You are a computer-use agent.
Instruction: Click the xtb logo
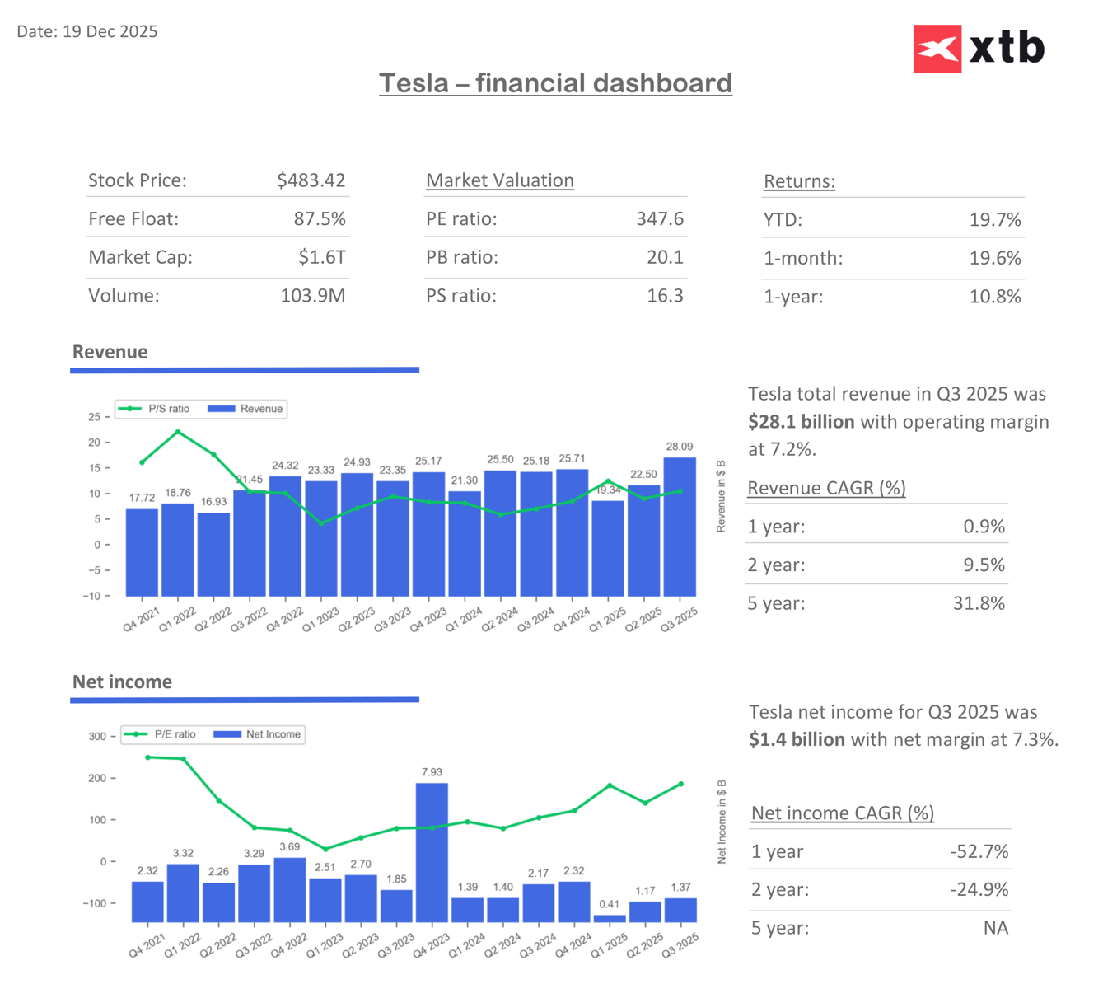point(979,49)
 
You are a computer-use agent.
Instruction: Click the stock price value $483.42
point(311,180)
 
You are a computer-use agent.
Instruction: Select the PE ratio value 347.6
point(659,219)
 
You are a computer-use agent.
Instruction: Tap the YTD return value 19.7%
point(994,220)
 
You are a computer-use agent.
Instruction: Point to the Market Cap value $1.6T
point(321,257)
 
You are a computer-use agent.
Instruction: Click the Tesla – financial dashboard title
point(555,83)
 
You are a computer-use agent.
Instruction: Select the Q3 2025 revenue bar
point(680,527)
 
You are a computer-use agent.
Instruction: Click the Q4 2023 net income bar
point(432,852)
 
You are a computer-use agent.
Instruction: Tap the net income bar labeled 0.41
point(610,918)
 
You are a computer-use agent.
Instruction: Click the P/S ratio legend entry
point(154,409)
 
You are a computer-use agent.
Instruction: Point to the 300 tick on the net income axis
point(97,737)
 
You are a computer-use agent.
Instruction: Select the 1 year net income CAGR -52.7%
point(979,851)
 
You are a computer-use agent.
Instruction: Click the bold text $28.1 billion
point(801,422)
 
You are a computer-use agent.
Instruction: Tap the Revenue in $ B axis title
point(721,497)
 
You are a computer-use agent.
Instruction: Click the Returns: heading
point(799,181)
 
